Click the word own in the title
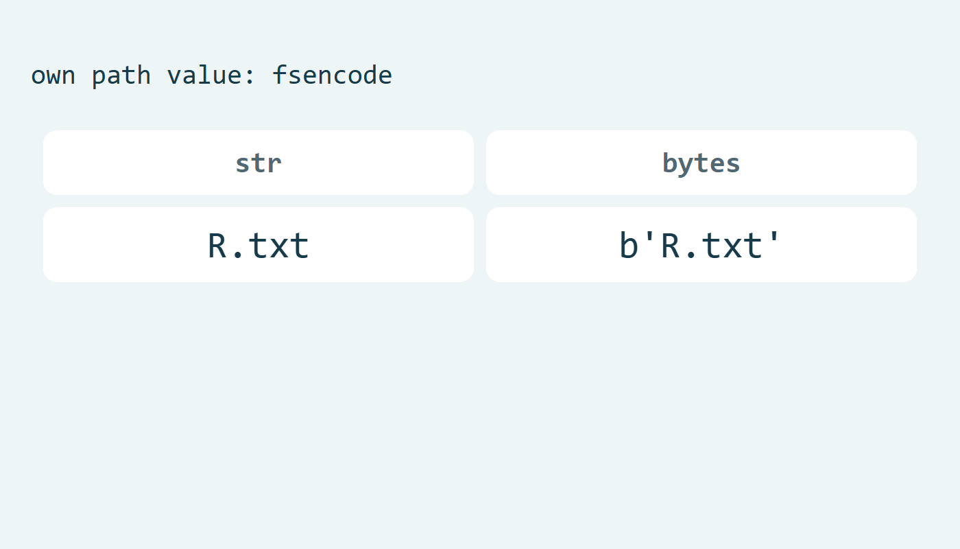(x=53, y=76)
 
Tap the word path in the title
(x=121, y=76)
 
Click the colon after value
(x=250, y=77)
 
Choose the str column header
(x=259, y=163)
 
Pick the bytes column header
(x=701, y=163)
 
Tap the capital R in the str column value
(x=217, y=246)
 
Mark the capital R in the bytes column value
(x=671, y=246)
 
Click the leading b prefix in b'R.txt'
(x=629, y=245)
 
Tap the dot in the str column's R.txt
(x=238, y=255)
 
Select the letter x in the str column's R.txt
(x=279, y=248)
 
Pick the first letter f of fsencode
(x=280, y=75)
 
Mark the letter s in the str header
(x=243, y=165)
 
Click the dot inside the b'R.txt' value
(x=691, y=255)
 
